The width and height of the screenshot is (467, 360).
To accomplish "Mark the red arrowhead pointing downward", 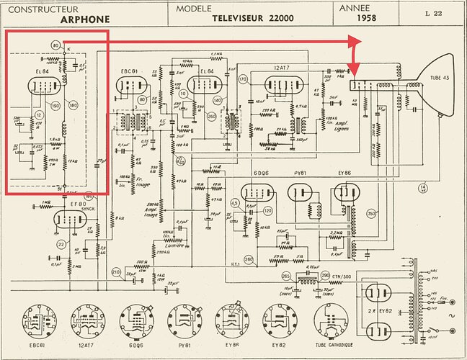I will point(354,71).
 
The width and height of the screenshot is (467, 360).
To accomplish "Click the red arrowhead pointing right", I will point(355,42).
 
